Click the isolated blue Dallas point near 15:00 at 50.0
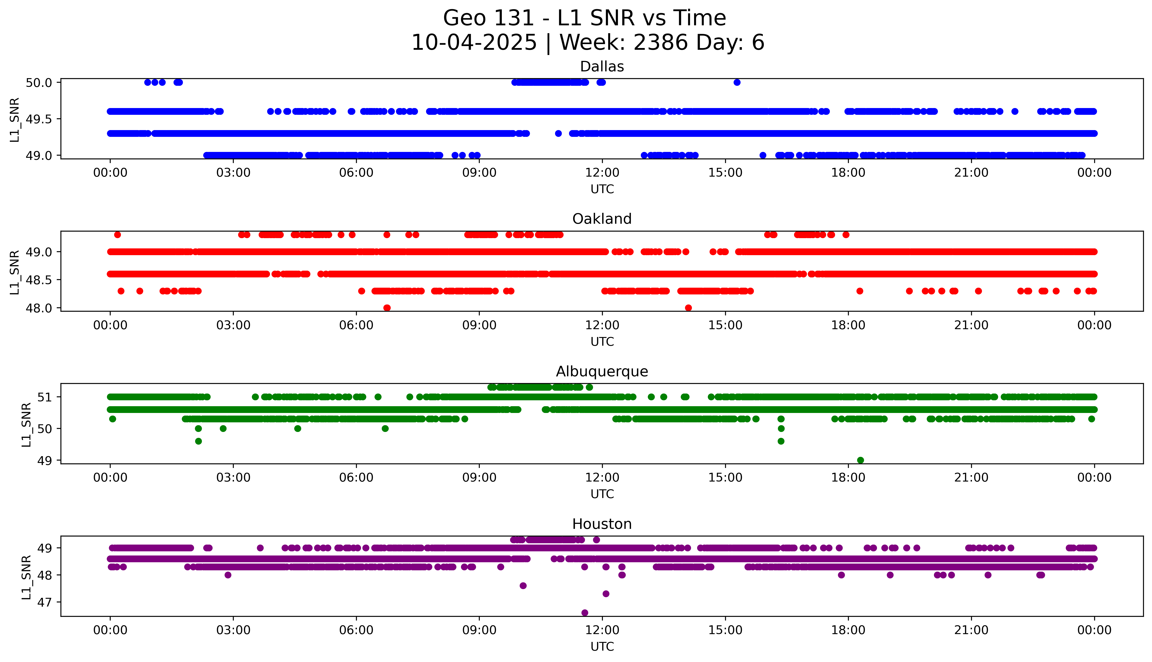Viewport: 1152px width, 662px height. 737,82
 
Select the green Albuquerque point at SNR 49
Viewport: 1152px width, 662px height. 860,460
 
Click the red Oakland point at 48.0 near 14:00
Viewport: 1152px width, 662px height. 688,308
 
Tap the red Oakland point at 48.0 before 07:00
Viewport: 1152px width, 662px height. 387,308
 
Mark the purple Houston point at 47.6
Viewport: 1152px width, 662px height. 523,586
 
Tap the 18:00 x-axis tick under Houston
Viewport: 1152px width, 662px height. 848,630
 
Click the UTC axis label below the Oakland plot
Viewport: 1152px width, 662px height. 602,341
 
